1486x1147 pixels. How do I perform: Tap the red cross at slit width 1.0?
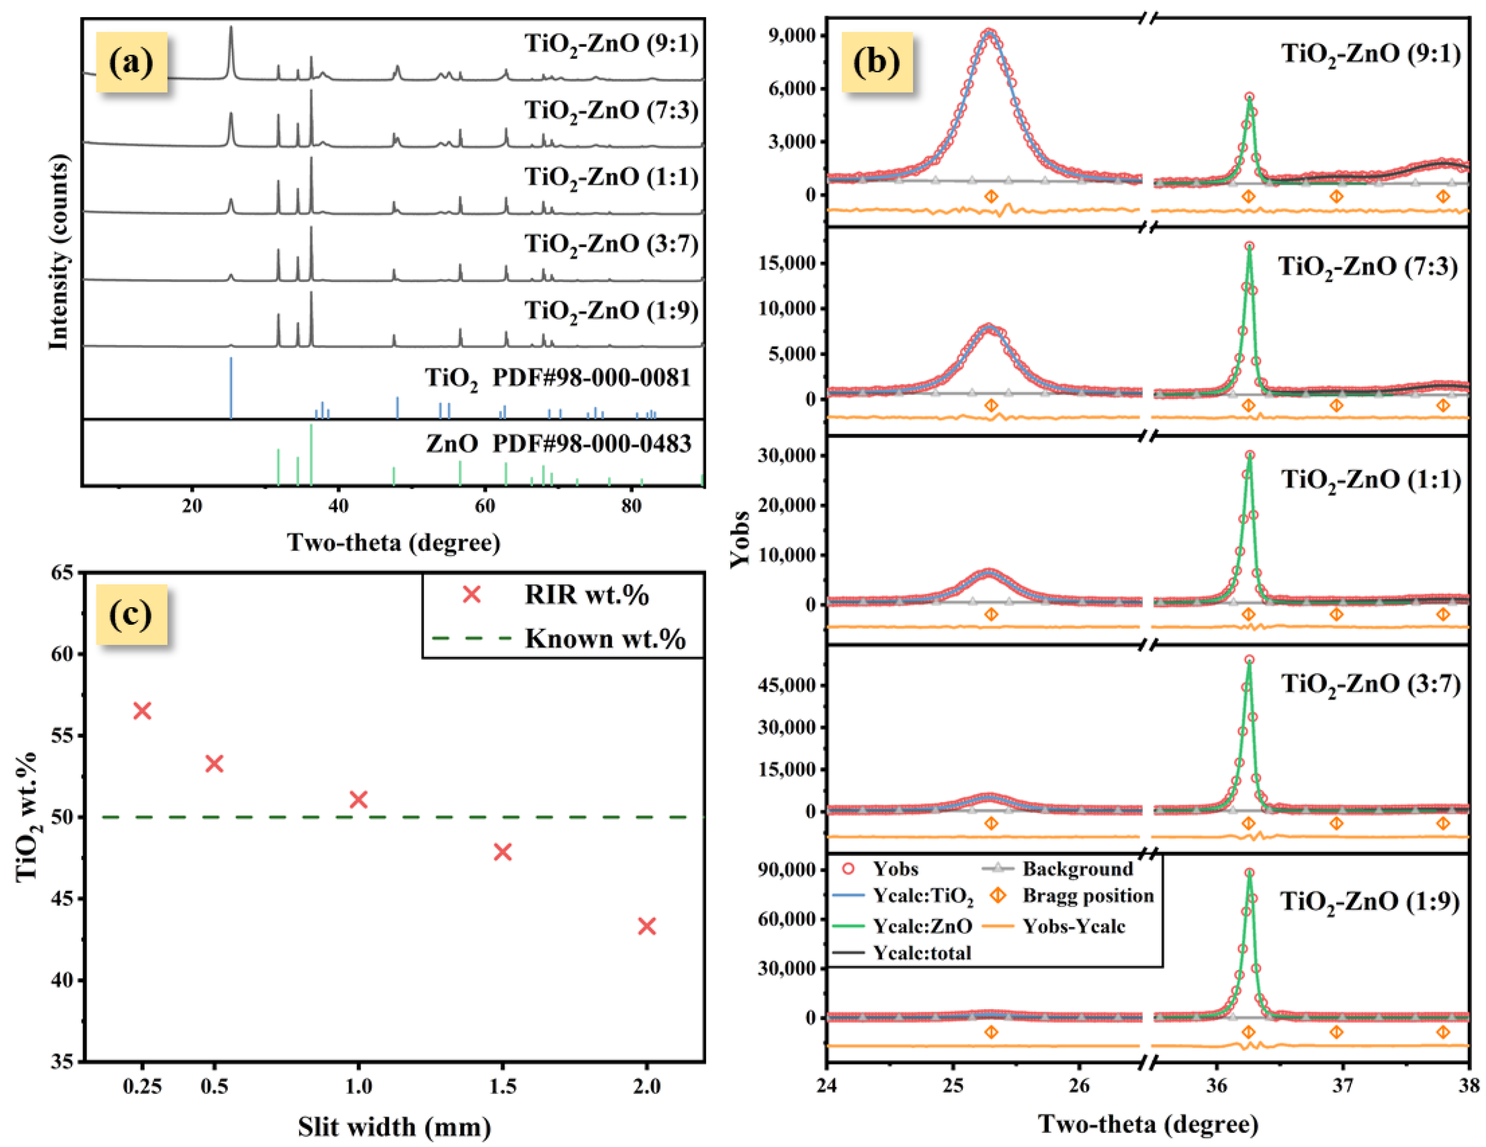(x=358, y=799)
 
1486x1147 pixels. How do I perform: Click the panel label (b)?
(x=876, y=62)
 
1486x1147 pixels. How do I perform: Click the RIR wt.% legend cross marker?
(x=472, y=595)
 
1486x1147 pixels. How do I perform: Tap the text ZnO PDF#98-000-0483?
(x=558, y=444)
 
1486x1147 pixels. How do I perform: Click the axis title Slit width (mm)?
(x=394, y=1127)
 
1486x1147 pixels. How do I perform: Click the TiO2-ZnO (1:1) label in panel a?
(x=611, y=177)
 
